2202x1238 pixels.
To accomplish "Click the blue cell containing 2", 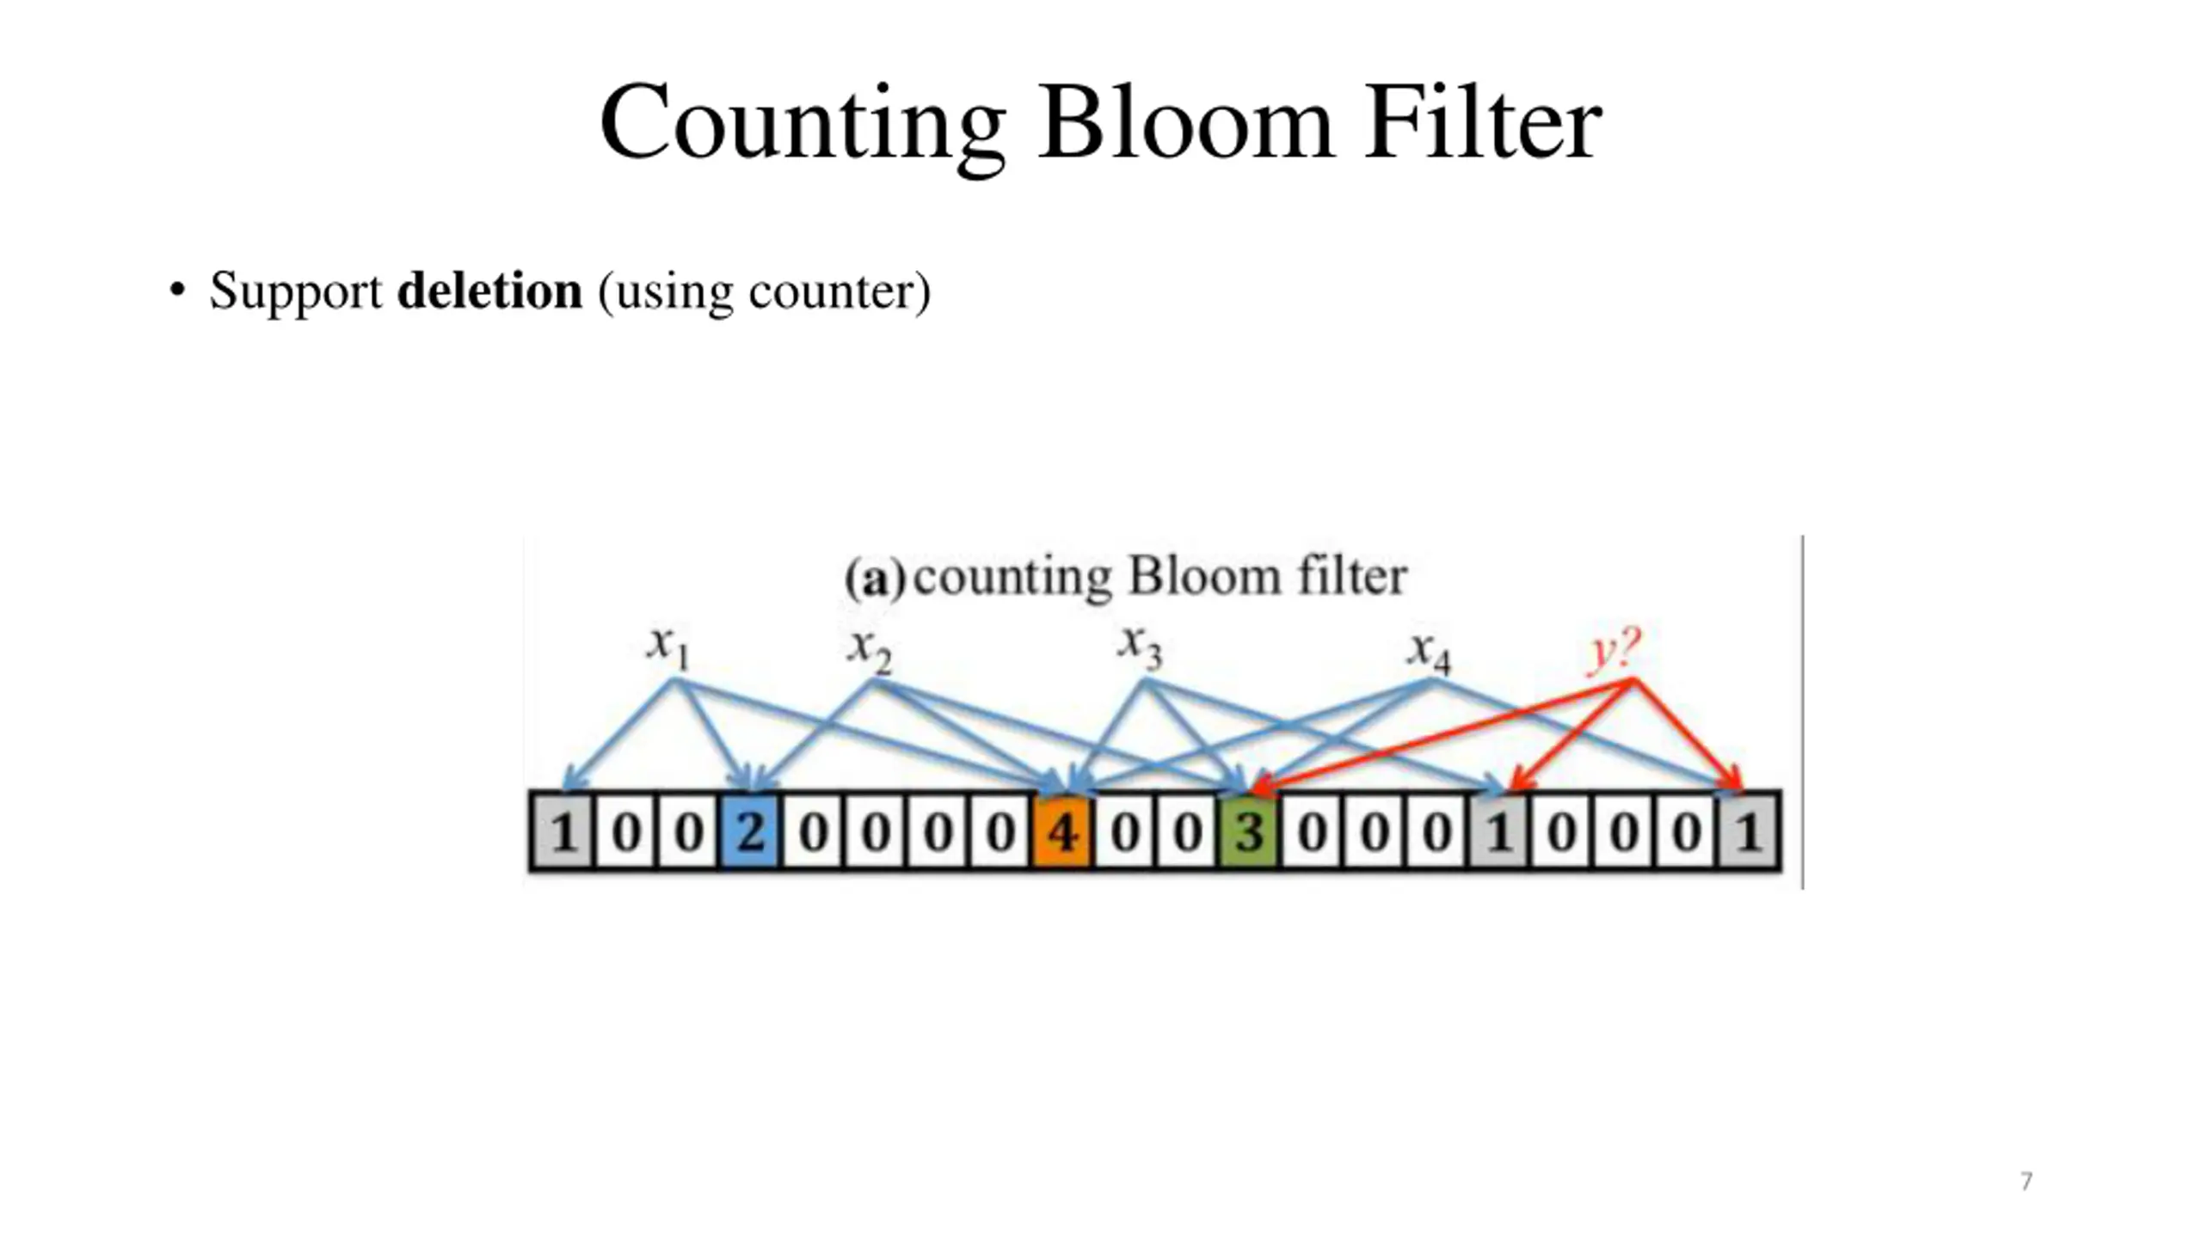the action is pos(750,831).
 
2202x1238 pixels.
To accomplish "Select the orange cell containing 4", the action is pos(1063,831).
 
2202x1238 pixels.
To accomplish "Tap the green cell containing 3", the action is pos(1249,831).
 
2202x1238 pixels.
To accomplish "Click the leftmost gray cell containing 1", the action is pos(563,831).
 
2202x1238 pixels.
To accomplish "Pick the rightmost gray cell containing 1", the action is pos(1748,831).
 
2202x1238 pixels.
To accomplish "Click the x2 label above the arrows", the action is pos(869,650).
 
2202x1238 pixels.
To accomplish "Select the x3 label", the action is pos(1140,647).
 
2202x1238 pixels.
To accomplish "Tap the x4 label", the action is pos(1429,652).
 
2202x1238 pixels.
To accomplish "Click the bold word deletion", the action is pos(489,291).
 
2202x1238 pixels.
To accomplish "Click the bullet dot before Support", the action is pos(177,290).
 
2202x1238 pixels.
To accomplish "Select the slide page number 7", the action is pos(2027,1181).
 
